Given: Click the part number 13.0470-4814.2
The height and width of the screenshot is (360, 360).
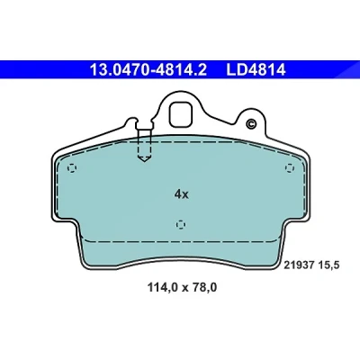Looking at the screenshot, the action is tap(148, 70).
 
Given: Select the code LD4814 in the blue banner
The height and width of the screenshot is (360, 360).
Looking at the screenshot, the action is tap(256, 70).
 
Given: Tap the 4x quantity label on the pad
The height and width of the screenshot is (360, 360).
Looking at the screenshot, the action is tap(181, 195).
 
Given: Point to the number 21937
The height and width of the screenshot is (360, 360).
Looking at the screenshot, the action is tap(299, 265).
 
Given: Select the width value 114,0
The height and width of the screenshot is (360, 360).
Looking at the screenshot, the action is tap(163, 288).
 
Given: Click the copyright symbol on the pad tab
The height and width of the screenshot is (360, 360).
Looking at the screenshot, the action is tap(250, 123).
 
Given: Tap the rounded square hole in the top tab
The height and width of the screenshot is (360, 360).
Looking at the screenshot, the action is tap(181, 114).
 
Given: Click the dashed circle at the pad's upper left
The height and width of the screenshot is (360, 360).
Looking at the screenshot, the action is tap(72, 168).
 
